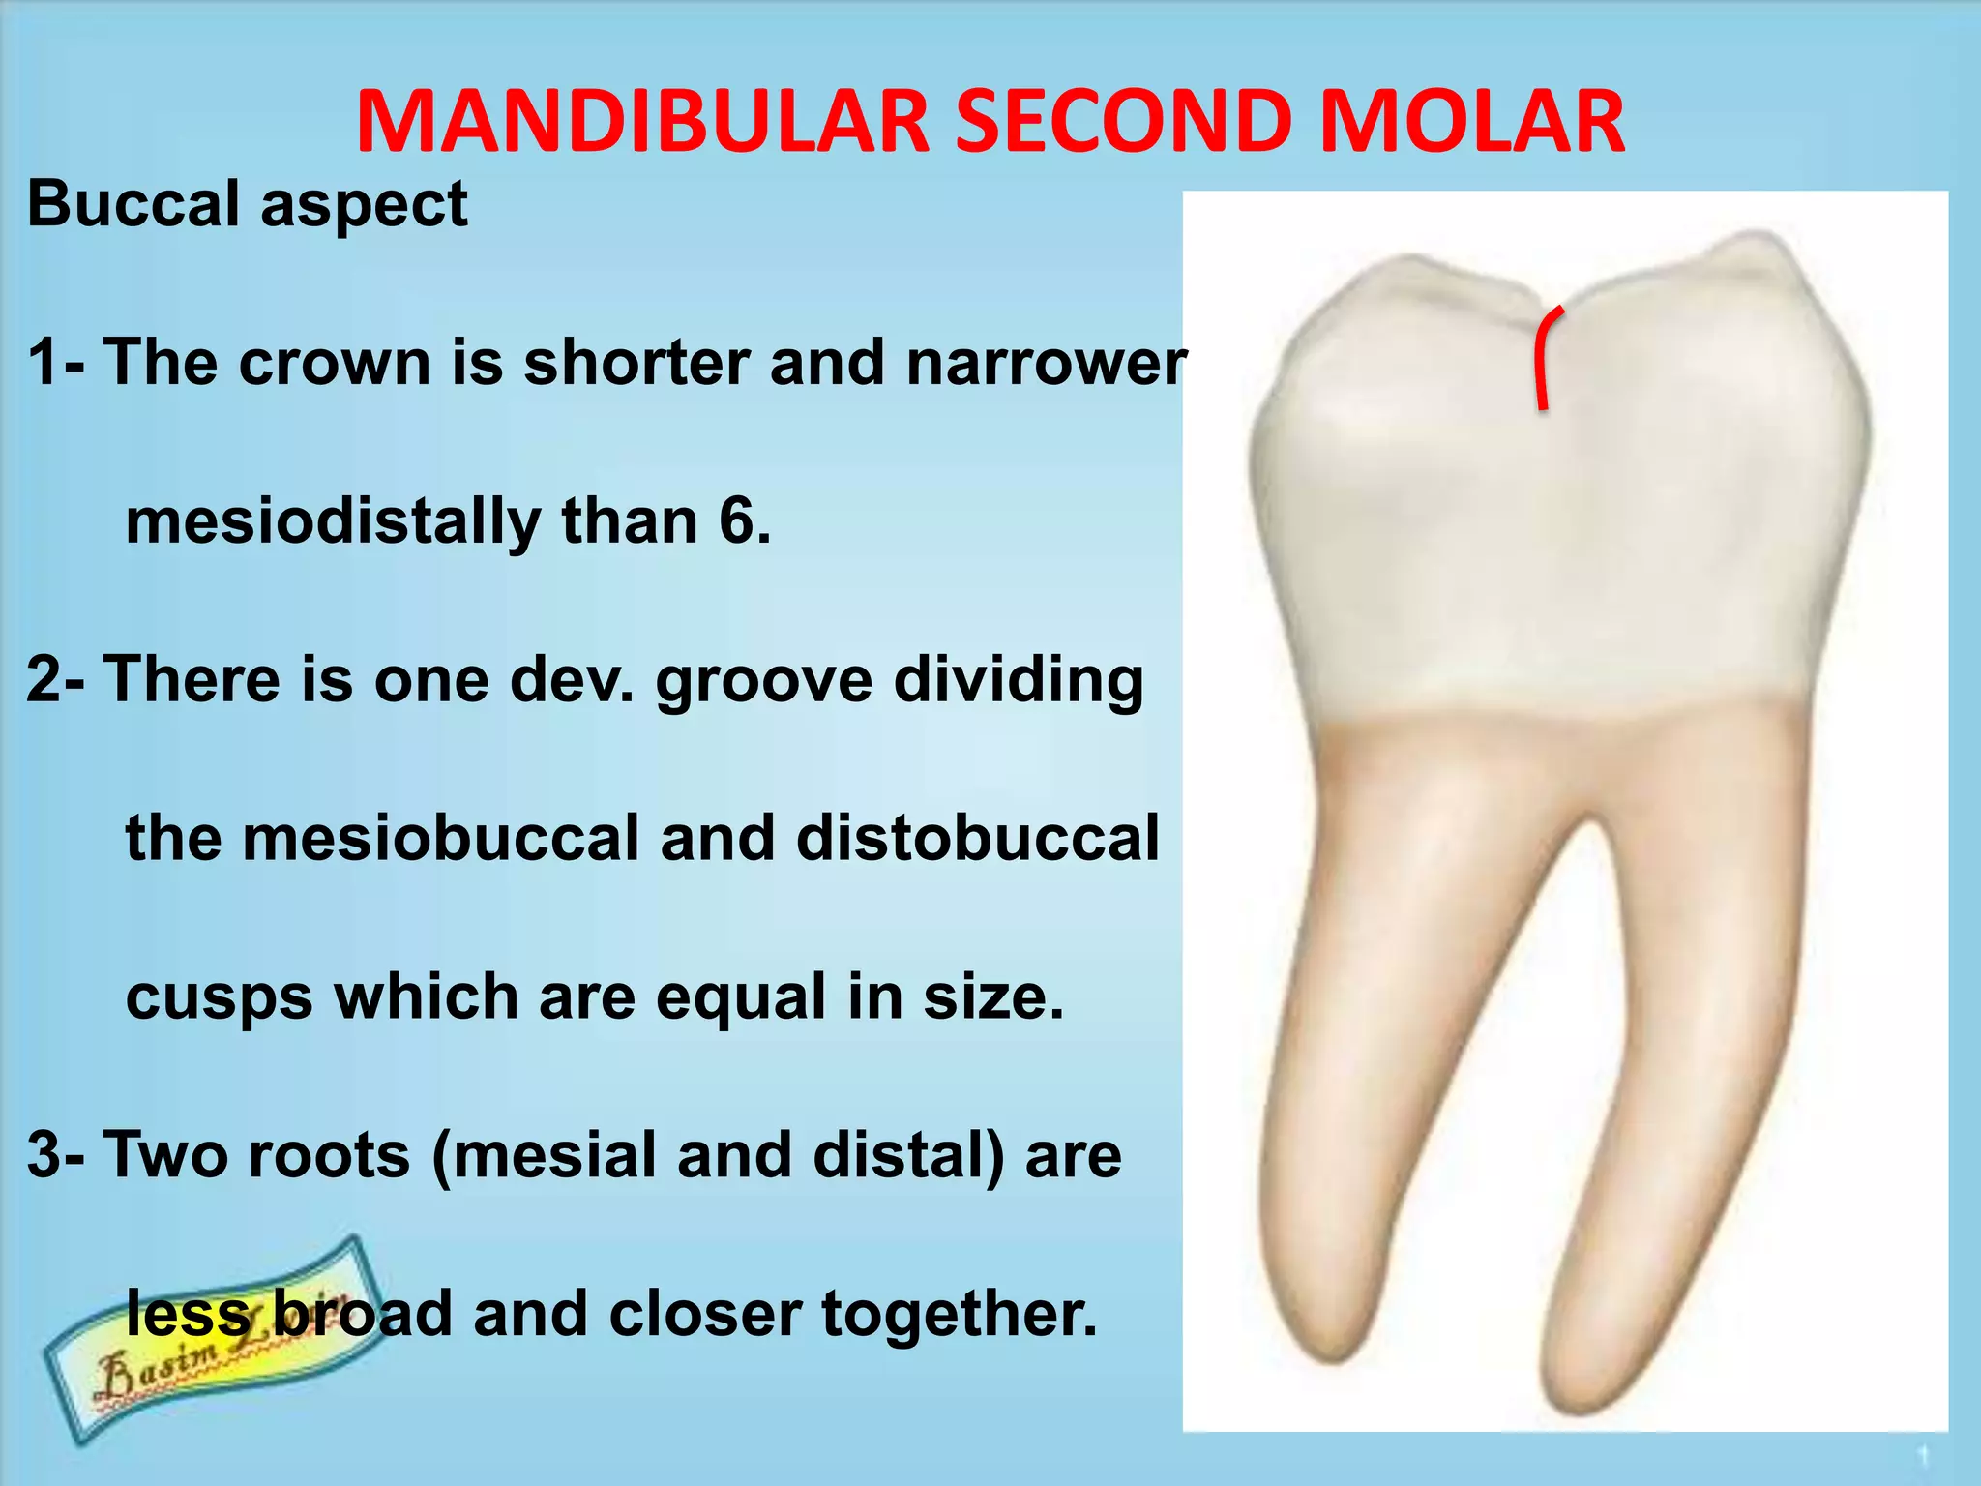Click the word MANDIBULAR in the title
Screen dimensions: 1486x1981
pyautogui.click(x=642, y=122)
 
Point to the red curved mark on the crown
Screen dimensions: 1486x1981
pyautogui.click(x=1546, y=358)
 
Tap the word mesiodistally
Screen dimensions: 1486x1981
pyautogui.click(x=333, y=522)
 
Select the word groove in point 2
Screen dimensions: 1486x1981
pyautogui.click(x=764, y=681)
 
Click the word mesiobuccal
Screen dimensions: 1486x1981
pyautogui.click(x=439, y=838)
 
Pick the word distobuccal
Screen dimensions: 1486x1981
pyautogui.click(x=977, y=838)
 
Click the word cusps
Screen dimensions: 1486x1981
pyautogui.click(x=219, y=998)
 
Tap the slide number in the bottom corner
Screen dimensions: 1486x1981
pyautogui.click(x=1923, y=1455)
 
